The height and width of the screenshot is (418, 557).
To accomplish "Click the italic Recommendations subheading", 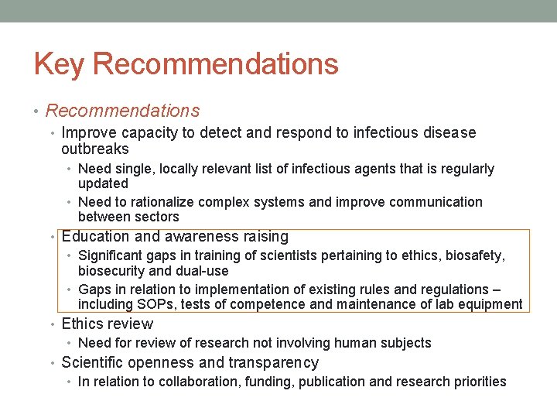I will [x=122, y=111].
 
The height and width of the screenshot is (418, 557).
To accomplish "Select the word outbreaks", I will [x=95, y=149].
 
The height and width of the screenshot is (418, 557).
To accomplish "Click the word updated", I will [x=103, y=183].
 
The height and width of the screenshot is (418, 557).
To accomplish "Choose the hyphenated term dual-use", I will [x=202, y=271].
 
